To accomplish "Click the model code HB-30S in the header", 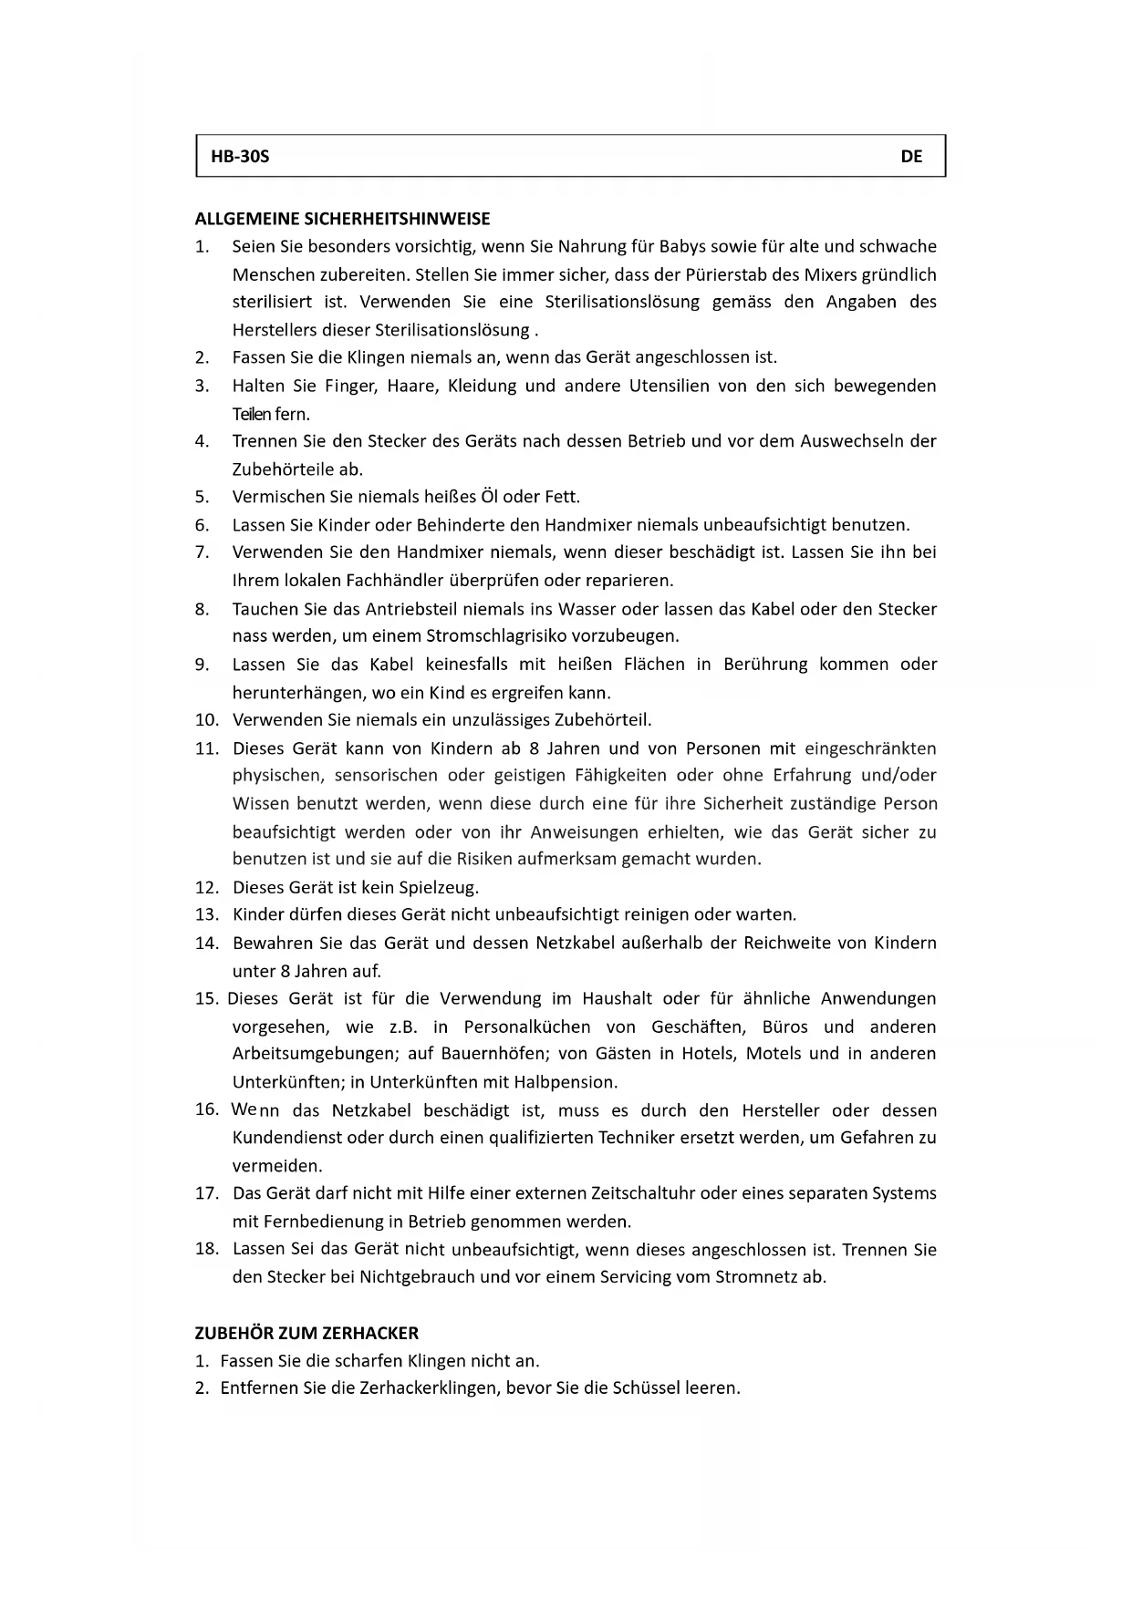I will tap(240, 156).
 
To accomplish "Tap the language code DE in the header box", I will tap(911, 156).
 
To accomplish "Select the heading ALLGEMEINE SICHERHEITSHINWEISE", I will tap(342, 219).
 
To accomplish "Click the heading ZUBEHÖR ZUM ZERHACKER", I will tap(306, 1333).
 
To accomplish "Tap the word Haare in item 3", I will tap(412, 386).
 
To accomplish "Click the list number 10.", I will tap(206, 720).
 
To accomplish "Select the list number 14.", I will tap(206, 944).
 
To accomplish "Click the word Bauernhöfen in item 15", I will tap(493, 1054).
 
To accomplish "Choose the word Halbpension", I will tap(566, 1082).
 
